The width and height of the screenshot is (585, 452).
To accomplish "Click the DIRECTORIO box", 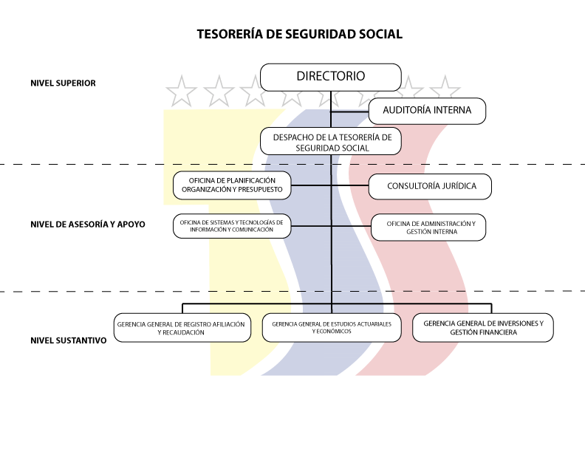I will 330,77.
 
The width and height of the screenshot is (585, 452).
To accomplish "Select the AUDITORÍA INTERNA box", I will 426,111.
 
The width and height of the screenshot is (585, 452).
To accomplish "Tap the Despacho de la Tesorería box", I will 330,142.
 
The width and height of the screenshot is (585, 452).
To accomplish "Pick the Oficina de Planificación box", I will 232,185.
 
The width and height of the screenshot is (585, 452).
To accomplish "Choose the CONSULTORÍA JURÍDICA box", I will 430,186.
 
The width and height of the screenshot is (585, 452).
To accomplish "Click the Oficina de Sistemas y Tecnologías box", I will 232,225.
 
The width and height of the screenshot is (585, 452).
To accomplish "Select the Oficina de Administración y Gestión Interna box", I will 428,227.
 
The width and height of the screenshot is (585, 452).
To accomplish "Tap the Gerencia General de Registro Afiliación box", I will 181,328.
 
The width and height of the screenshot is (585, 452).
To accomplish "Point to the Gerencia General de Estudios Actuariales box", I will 331,328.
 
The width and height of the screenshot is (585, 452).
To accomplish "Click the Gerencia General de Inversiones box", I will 483,328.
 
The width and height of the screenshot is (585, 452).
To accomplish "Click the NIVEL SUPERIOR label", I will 63,83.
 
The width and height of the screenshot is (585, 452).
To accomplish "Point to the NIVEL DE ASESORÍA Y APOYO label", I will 88,225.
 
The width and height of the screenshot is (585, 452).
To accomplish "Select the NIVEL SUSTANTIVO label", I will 69,340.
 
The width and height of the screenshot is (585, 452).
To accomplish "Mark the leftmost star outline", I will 182,92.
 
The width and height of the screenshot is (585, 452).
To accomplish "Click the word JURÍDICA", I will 451,186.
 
